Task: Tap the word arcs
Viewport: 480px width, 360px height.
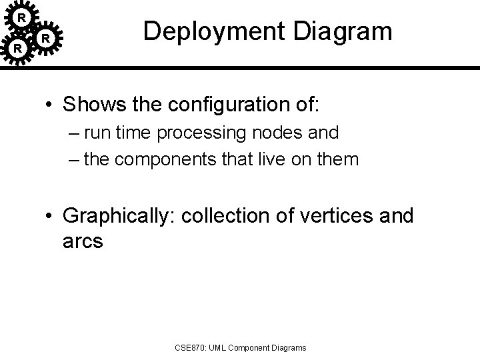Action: (82, 240)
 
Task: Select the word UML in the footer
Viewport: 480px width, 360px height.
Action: (220, 347)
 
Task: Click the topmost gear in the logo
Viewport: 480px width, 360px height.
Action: (21, 15)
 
